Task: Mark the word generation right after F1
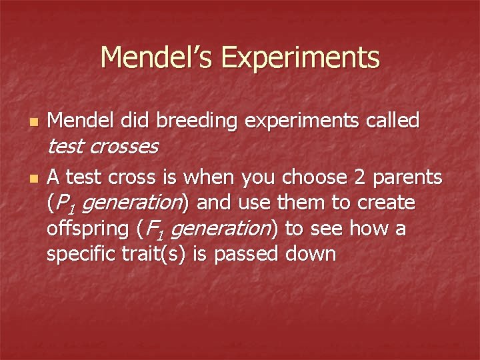click(x=217, y=229)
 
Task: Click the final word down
click(x=312, y=254)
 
